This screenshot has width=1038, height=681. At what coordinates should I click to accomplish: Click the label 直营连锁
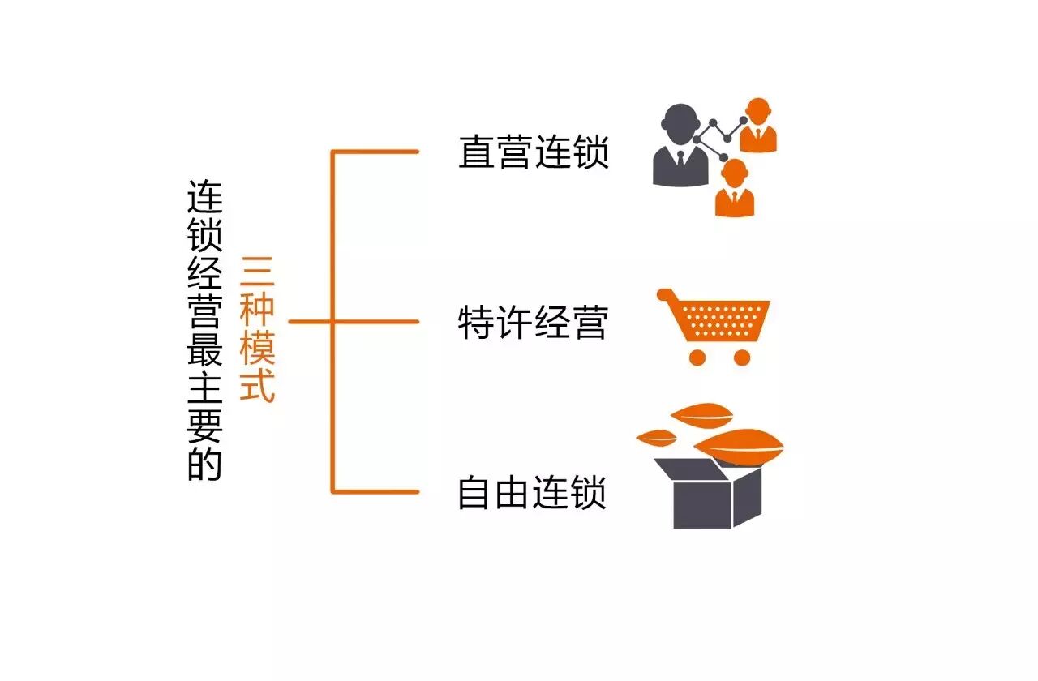click(x=533, y=152)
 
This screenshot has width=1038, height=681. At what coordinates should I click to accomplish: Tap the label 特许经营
click(x=533, y=322)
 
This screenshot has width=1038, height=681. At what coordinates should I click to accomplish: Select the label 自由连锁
click(x=533, y=492)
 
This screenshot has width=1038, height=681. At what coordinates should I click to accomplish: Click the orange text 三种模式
click(x=258, y=328)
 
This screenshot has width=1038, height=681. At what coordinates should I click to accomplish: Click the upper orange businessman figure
click(x=758, y=126)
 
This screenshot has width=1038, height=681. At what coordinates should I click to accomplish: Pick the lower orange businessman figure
click(x=735, y=189)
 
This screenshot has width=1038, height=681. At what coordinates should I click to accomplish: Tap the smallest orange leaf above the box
click(x=656, y=438)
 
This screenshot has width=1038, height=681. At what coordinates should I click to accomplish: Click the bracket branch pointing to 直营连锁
click(x=377, y=152)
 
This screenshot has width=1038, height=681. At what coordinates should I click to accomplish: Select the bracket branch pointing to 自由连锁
click(x=377, y=492)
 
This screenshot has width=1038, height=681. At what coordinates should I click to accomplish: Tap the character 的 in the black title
click(x=204, y=464)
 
